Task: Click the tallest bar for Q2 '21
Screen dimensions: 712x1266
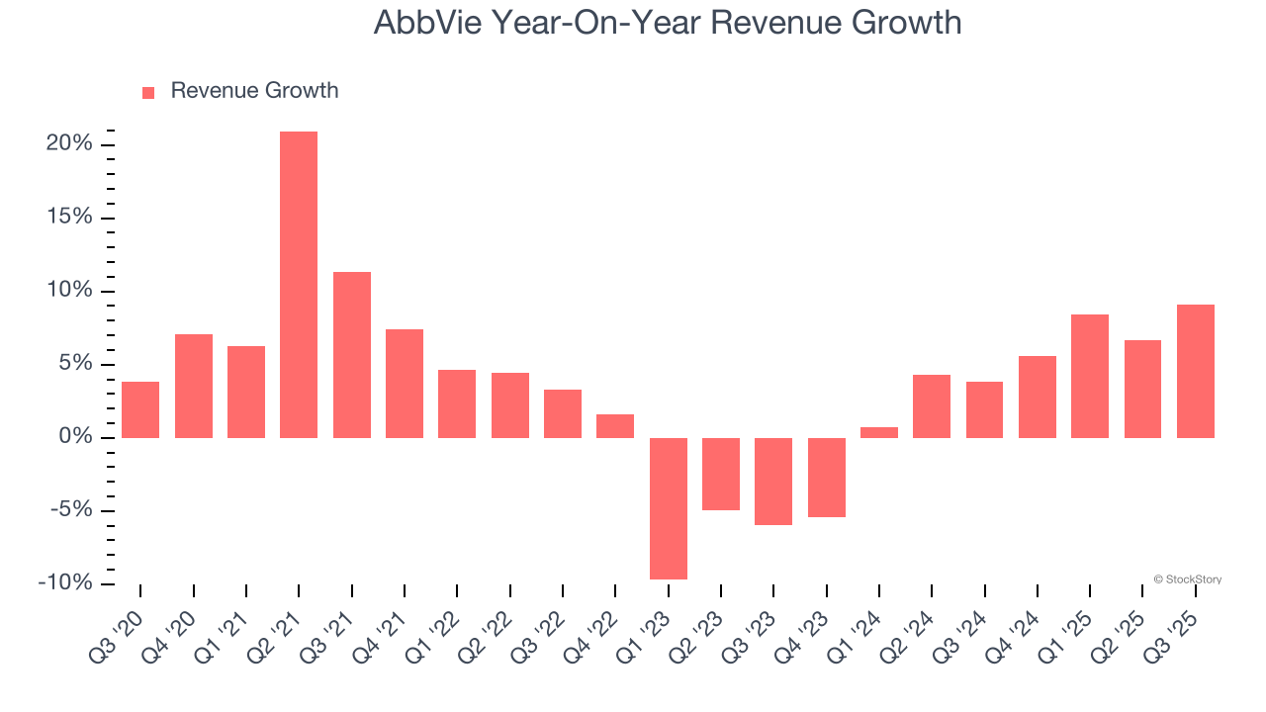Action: click(x=299, y=285)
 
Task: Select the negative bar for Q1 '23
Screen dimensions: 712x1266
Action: click(x=668, y=508)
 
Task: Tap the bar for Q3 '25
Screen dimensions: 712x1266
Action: click(x=1195, y=371)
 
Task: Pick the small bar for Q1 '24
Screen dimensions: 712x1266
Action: click(x=878, y=432)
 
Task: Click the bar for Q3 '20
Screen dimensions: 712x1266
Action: click(x=140, y=409)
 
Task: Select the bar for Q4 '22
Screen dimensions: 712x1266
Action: click(x=615, y=426)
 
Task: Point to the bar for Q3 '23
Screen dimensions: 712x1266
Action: click(x=773, y=482)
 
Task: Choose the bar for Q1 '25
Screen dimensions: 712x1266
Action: click(x=1089, y=376)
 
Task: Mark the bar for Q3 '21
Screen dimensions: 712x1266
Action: click(x=351, y=355)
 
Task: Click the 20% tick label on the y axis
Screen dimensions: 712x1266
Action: click(x=68, y=144)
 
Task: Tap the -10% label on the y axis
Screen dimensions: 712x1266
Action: click(x=65, y=583)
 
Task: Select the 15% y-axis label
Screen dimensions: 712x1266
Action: click(x=68, y=218)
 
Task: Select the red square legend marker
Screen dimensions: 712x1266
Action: click(x=148, y=93)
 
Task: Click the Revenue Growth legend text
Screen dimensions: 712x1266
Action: click(x=254, y=91)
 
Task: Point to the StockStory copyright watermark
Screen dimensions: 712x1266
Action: click(x=1187, y=579)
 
